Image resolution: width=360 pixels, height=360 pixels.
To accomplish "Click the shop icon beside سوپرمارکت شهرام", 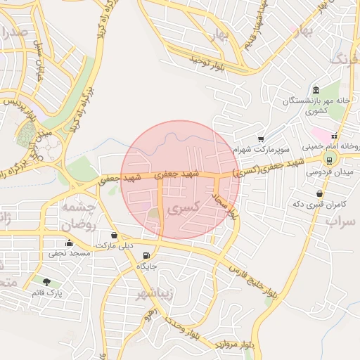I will coord(261,139).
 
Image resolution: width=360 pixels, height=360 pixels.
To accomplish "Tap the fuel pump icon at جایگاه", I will coord(146,255).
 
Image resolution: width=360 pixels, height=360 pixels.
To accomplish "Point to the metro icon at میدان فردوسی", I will coord(330,160).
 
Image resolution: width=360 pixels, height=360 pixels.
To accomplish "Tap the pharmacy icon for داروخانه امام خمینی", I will coord(335,136).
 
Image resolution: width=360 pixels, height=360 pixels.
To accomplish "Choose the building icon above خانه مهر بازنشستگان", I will coord(316,90).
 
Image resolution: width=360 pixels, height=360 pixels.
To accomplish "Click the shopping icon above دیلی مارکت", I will coord(115,235).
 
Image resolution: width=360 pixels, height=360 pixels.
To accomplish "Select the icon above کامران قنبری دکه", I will coord(320,193).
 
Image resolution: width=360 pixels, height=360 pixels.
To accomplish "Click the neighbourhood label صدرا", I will coord(14,32).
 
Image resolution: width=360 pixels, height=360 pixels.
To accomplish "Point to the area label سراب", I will coord(342,220).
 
